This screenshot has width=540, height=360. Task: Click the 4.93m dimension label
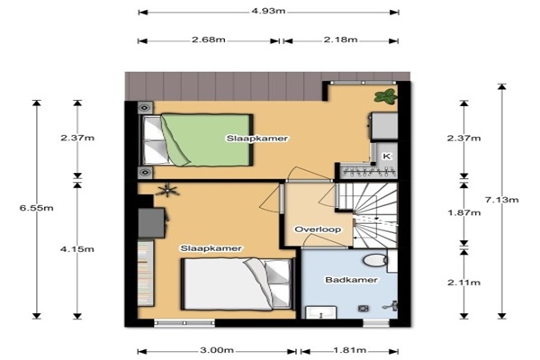point(268,11)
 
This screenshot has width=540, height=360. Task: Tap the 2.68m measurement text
point(209,40)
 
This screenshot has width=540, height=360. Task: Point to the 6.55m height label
point(37,208)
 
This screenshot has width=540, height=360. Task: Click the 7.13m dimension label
point(502,200)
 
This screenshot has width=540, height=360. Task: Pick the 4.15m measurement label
point(77,248)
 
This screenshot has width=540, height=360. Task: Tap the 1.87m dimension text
point(463,212)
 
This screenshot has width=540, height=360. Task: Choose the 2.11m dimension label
point(463,283)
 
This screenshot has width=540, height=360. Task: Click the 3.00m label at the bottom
point(217,350)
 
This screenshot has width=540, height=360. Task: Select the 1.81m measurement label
point(349,350)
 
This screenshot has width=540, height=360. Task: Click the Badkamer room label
point(351,280)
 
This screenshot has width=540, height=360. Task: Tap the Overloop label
point(318,229)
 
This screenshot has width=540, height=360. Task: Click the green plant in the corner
point(385,95)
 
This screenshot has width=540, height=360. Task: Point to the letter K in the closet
point(387,156)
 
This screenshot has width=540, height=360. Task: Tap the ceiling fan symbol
point(167,190)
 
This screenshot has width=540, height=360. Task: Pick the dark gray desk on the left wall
point(151,222)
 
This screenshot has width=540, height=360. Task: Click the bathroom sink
point(321,312)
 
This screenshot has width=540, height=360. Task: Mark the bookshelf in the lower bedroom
point(145,273)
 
